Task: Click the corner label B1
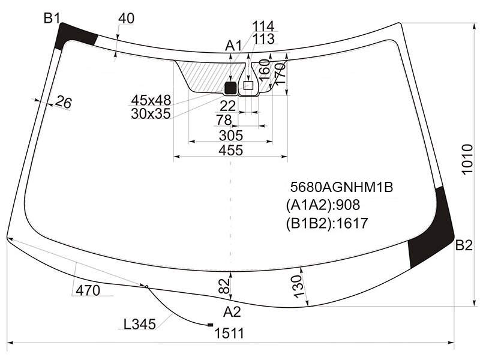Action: coord(52,19)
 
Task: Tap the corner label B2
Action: coord(464,245)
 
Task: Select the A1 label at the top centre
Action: coord(233,46)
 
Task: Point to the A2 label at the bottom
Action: coord(232,312)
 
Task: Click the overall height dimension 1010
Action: coord(467,160)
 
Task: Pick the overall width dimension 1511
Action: coord(229,334)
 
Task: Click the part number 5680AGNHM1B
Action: coord(341,187)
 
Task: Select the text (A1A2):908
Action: coord(323,205)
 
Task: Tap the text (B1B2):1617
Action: coord(327,223)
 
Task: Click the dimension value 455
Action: coord(231,151)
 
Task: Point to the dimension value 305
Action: coord(231,136)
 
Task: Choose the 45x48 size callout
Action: coord(151,100)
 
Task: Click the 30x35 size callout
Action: coord(151,114)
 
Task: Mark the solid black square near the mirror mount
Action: coord(230,88)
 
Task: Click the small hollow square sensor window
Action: coord(248,85)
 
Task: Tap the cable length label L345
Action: coord(140,324)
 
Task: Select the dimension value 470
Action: coord(88,290)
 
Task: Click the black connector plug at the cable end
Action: coord(211,325)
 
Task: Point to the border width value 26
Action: coord(64,102)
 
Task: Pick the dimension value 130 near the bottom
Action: coord(298,286)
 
